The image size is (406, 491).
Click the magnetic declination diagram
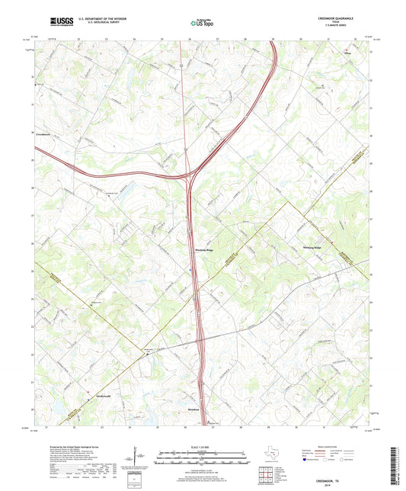(x=135, y=460)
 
